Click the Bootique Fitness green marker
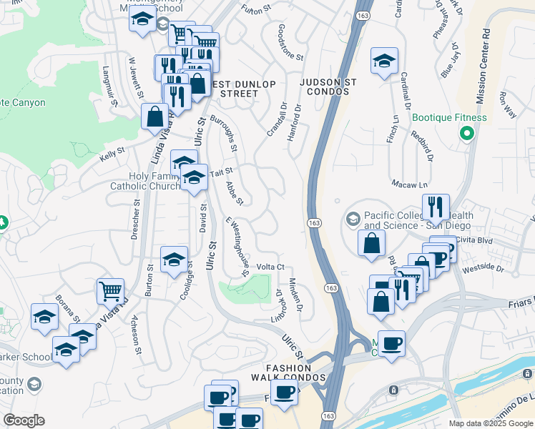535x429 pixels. (468, 134)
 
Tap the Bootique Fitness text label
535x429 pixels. (449, 118)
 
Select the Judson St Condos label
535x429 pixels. (328, 88)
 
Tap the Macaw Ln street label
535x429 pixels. (403, 184)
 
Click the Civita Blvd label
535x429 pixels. (476, 241)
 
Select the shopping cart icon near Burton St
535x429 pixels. (110, 291)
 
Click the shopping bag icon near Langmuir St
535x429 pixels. (154, 116)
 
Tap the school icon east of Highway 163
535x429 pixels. (384, 61)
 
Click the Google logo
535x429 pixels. (24, 420)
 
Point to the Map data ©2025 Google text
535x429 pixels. (491, 423)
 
